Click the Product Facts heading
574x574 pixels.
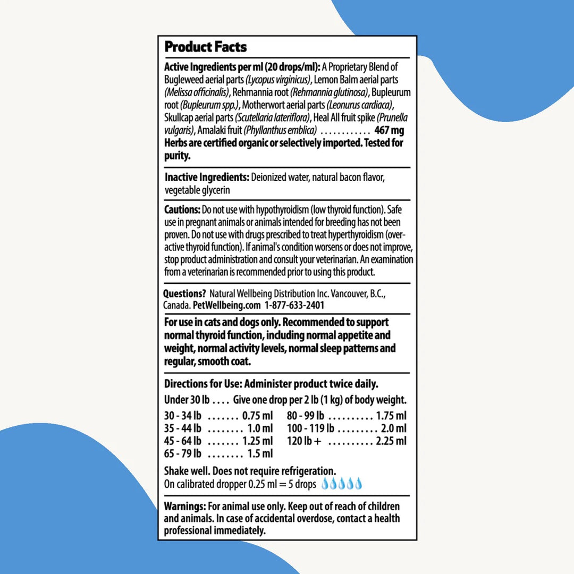205,47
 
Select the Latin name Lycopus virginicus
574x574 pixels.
277,80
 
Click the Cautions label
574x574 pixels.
182,209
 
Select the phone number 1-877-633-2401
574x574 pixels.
294,305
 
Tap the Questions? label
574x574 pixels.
184,293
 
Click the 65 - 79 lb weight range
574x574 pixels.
183,453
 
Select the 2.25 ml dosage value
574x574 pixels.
391,441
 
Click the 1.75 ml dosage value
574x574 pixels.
391,416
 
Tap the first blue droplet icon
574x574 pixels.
325,484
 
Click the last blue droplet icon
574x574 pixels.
358,484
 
